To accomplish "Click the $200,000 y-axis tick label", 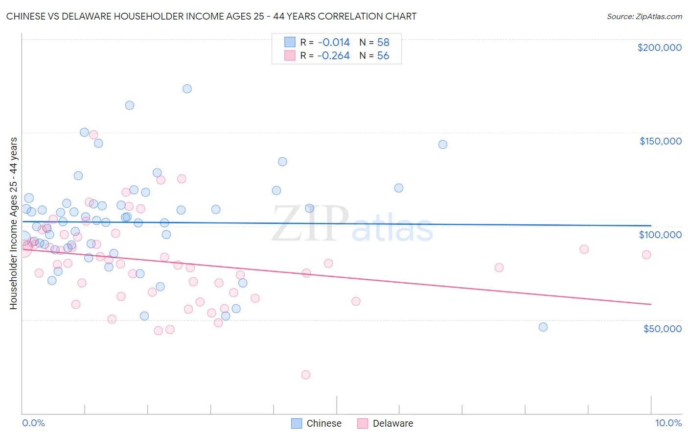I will (659, 48).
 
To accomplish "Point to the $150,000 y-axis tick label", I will (660, 141).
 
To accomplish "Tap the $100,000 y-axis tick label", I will (660, 235).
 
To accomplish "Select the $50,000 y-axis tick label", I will (662, 328).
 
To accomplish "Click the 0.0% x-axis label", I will (33, 423).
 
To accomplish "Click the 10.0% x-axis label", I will (668, 423).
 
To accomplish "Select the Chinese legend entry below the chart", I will (316, 423).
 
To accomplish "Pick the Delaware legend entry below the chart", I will (385, 423).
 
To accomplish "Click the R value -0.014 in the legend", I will (333, 43).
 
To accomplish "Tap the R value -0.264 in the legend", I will (333, 56).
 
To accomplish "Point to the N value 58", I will (383, 43).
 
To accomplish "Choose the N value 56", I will (383, 56).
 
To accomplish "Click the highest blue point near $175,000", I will (187, 89).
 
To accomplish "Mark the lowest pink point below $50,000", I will (306, 375).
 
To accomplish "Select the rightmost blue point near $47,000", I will (543, 327).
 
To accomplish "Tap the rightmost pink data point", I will (646, 255).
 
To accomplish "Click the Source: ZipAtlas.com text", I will (644, 17).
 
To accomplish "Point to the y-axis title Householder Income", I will (13, 223).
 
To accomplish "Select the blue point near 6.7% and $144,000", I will (443, 145).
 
